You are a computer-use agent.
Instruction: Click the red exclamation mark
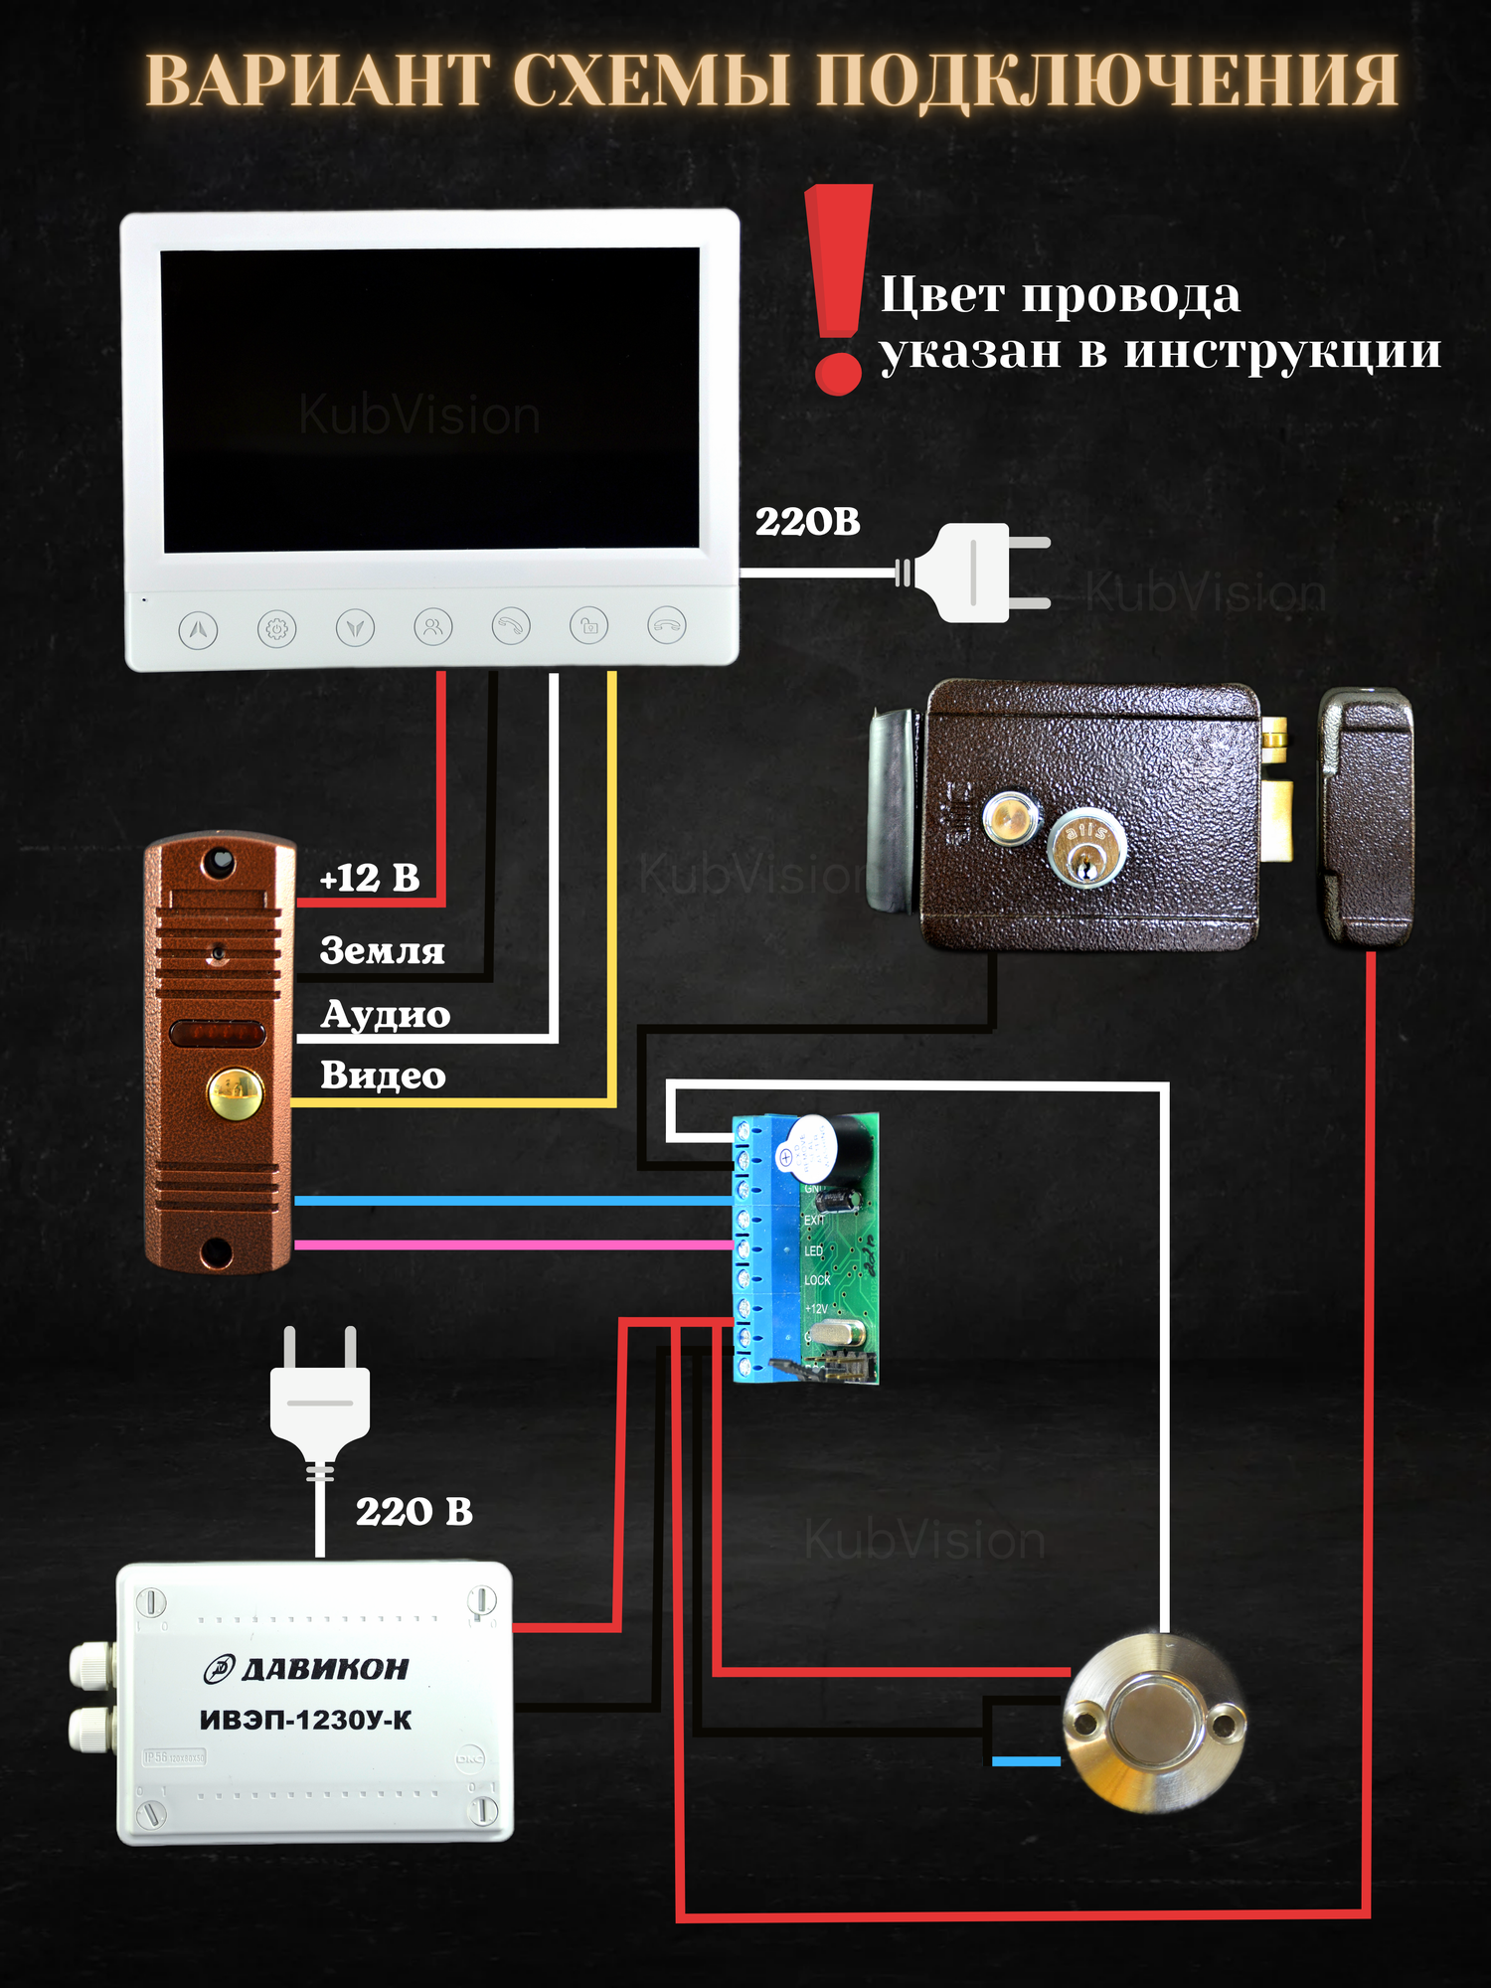tap(838, 288)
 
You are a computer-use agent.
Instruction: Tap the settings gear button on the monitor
tap(276, 629)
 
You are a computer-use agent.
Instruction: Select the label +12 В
tap(370, 879)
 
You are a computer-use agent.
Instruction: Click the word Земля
tap(382, 951)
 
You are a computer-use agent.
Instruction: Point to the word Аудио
tap(386, 1015)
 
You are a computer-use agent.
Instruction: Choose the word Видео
tap(383, 1076)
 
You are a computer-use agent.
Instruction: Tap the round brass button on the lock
tap(1010, 818)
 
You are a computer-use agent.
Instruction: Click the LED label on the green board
tap(813, 1250)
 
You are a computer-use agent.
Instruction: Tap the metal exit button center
tap(1153, 1723)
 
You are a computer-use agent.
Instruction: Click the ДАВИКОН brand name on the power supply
tap(324, 1669)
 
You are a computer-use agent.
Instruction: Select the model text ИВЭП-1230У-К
tap(305, 1721)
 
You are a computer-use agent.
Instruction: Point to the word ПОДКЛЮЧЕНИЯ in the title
tap(1106, 82)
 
